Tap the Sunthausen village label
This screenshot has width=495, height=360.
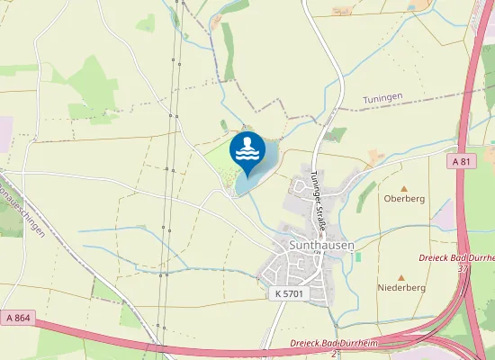click(321, 244)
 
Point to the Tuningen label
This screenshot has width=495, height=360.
click(382, 100)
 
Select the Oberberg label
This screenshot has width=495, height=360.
click(403, 198)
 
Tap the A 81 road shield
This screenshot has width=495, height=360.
click(462, 161)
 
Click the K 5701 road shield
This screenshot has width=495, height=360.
click(289, 293)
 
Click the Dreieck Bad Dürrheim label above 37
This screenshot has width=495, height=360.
click(456, 257)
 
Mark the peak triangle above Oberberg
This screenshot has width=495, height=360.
click(403, 188)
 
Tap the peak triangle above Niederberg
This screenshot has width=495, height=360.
click(401, 277)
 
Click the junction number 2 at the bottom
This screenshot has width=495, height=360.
click(332, 353)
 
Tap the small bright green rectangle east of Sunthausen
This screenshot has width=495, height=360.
click(357, 256)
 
